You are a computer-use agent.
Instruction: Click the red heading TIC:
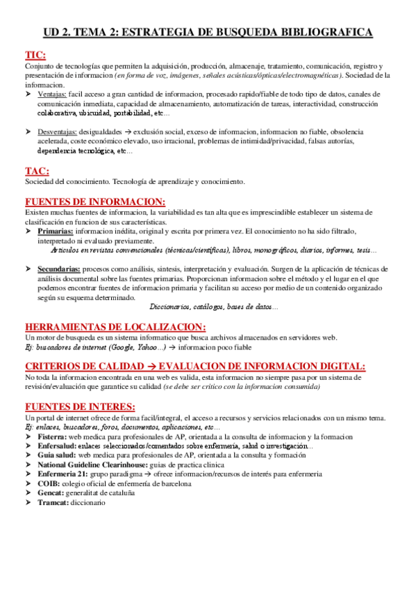coord(36,55)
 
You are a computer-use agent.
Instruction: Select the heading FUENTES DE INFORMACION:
coord(94,201)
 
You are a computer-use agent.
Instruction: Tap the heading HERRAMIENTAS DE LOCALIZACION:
coord(115,326)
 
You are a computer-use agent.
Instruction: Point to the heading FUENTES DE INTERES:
coord(80,406)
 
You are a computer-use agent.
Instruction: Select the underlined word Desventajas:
coord(58,132)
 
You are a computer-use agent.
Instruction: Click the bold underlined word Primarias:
coord(55,231)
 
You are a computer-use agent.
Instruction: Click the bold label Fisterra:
coord(54,437)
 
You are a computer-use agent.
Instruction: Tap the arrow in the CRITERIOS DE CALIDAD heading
coord(149,366)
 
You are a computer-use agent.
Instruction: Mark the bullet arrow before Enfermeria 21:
coord(28,474)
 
